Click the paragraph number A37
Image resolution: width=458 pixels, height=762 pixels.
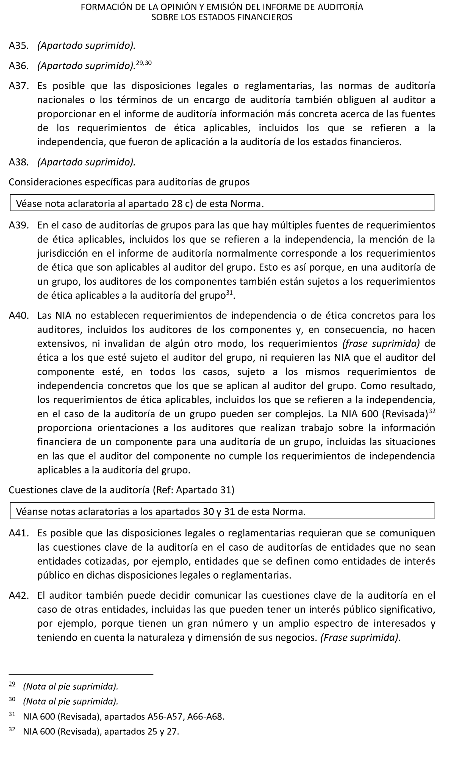[18, 86]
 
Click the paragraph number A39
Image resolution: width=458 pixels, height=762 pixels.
[18, 225]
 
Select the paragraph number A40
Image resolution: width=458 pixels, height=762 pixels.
[18, 315]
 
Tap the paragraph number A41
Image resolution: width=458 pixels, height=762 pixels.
[18, 533]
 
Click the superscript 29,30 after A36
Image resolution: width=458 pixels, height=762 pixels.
[144, 63]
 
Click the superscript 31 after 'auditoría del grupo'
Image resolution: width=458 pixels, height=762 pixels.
[229, 293]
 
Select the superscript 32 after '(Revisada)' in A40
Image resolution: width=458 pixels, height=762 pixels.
[432, 411]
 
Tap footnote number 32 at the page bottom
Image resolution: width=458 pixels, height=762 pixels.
[12, 729]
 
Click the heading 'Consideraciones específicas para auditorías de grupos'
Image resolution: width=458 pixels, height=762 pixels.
[129, 182]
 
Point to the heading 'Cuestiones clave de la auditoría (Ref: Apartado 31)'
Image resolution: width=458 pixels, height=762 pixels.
[121, 490]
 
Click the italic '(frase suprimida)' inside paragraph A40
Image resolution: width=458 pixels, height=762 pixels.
[381, 343]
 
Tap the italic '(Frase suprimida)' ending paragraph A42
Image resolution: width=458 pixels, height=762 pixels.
[360, 637]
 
